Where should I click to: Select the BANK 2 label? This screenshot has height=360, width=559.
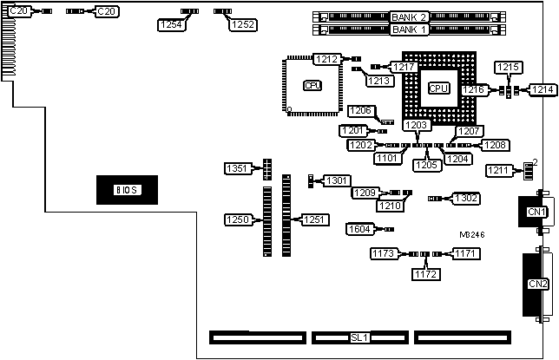tap(409, 17)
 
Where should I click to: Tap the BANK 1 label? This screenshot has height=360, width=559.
tap(409, 29)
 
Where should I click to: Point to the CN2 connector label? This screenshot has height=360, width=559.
tap(537, 284)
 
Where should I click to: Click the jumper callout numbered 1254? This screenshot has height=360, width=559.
tap(171, 25)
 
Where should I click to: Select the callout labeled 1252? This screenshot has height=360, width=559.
tap(242, 25)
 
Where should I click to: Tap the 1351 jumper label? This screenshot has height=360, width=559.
tap(238, 167)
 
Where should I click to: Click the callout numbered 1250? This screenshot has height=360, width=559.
tap(238, 219)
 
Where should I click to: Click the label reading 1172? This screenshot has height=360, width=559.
tap(425, 274)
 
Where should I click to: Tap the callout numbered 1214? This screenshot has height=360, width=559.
tap(543, 89)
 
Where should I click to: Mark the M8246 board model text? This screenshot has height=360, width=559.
tap(473, 233)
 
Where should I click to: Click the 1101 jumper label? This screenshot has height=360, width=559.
tap(388, 158)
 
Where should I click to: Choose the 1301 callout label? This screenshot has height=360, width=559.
tap(337, 180)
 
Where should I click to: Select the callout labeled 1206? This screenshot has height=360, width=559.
tap(361, 110)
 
